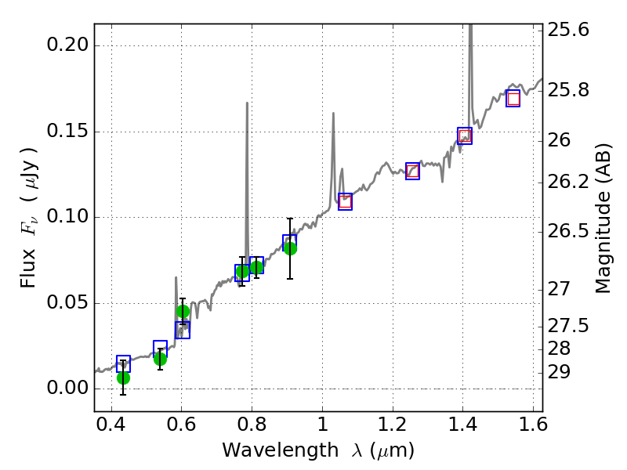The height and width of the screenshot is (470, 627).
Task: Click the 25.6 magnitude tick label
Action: click(x=569, y=30)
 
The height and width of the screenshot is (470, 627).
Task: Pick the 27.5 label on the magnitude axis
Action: click(x=569, y=325)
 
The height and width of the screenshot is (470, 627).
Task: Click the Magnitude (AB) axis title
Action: click(x=603, y=218)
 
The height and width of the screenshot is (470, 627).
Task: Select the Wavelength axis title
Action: click(x=317, y=450)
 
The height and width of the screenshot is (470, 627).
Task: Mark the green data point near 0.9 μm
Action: click(x=290, y=248)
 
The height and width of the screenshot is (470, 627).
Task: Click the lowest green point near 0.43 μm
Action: click(x=123, y=378)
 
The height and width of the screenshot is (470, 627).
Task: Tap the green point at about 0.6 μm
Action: click(x=183, y=311)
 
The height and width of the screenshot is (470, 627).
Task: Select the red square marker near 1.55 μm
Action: click(x=513, y=99)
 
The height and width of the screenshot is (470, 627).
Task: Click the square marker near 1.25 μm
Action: click(x=412, y=171)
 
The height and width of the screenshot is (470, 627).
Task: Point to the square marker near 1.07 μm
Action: click(x=345, y=201)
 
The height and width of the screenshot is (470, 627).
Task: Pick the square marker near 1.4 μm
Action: click(x=465, y=136)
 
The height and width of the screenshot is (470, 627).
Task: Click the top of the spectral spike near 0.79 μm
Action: click(x=247, y=103)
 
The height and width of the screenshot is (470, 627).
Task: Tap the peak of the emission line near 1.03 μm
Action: click(x=333, y=114)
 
